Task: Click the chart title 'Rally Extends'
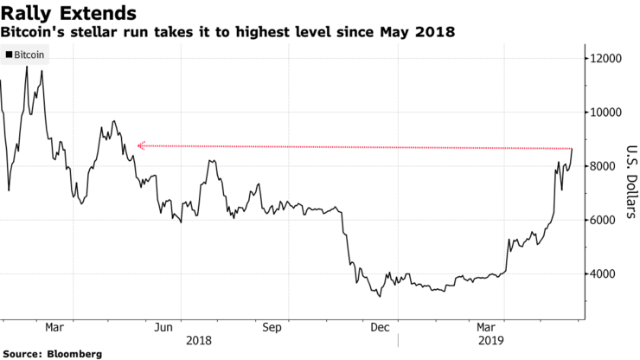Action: click(x=68, y=13)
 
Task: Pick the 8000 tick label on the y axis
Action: click(x=605, y=166)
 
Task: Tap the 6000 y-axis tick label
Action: click(x=605, y=220)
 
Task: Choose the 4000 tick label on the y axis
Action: click(x=605, y=273)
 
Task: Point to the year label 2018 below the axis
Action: click(x=200, y=341)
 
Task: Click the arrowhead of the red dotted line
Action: click(x=140, y=145)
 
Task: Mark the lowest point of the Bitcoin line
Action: click(x=380, y=297)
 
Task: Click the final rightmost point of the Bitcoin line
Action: click(x=573, y=149)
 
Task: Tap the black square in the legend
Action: click(x=9, y=55)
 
